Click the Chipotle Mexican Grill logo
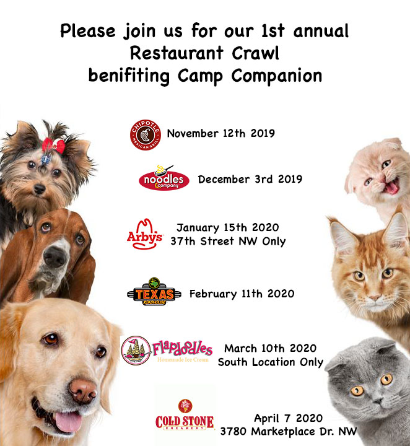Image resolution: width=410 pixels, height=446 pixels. click(x=146, y=135)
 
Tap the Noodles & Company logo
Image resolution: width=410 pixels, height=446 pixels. click(x=164, y=178)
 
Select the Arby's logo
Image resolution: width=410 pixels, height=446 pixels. click(x=144, y=234)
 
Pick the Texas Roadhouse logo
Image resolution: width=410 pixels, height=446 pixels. click(x=154, y=292)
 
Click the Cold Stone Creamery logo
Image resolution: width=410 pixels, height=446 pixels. click(x=185, y=415)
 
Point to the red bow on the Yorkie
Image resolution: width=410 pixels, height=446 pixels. click(x=53, y=145)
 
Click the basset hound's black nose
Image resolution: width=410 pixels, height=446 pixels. click(x=54, y=256)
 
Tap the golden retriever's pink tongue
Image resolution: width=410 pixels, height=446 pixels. click(x=68, y=421)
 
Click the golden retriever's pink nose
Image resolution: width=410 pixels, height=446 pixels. click(x=83, y=391)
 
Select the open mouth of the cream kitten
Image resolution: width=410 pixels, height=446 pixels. click(x=392, y=187)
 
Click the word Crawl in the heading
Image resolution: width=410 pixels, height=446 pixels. click(x=255, y=53)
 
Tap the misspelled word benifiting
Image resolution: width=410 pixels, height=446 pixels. click(x=129, y=76)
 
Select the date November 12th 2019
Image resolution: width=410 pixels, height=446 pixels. click(x=221, y=133)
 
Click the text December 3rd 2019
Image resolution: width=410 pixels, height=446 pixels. click(x=250, y=180)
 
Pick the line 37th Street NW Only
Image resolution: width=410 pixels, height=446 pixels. click(x=228, y=242)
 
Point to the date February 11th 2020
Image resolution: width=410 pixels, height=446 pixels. click(x=242, y=294)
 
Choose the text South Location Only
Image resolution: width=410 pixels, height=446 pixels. click(x=271, y=362)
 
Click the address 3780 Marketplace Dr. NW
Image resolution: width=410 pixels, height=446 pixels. click(x=289, y=432)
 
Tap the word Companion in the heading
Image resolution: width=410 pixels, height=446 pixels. click(x=277, y=76)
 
